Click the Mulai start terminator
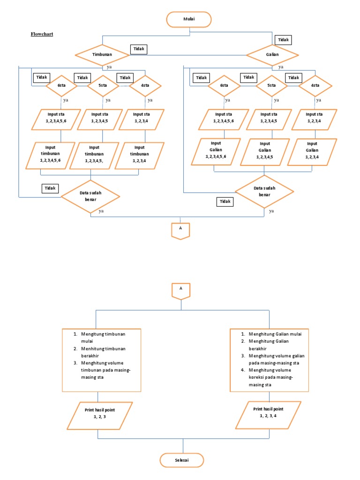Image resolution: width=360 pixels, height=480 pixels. coord(189,19)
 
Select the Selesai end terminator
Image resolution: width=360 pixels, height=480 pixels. coord(182,460)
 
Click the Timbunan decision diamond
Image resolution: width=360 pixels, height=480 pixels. coord(102,55)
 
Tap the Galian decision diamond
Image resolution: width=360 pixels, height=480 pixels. coord(272,55)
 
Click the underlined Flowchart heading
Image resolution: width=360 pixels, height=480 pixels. coord(42,34)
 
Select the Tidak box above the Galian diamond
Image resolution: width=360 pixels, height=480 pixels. coord(283,40)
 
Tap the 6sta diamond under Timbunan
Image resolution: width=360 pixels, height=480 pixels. coord(61,86)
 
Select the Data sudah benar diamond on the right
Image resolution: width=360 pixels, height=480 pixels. coord(264,192)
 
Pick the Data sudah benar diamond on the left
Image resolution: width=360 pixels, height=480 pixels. coord(90,196)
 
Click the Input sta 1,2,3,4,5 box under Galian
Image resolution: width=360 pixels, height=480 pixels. coord(271,119)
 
